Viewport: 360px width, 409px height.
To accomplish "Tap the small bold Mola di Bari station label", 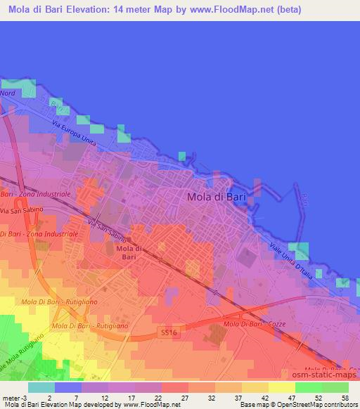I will pos(129,253).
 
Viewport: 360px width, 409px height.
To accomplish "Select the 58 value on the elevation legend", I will pos(344,397).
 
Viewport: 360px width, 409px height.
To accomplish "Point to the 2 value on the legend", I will pos(50,397).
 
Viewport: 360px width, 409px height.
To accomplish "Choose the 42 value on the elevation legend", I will pos(264,397).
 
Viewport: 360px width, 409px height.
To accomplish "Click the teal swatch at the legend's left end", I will pos(41,387).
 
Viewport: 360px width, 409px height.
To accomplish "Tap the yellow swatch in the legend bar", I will pos(281,387).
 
